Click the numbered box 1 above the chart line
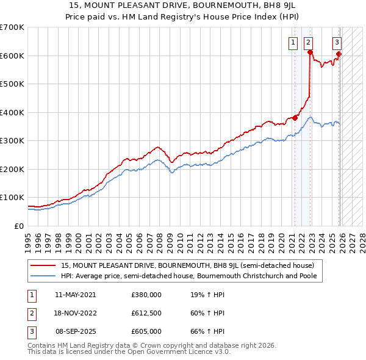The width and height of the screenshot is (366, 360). pyautogui.click(x=293, y=42)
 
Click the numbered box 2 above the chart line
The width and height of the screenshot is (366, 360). pyautogui.click(x=309, y=42)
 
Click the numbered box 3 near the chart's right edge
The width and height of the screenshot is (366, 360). pyautogui.click(x=337, y=42)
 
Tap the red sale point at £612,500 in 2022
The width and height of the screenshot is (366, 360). pyautogui.click(x=310, y=52)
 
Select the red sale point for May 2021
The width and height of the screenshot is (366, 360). pyautogui.click(x=295, y=118)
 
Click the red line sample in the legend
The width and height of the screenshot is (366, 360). pyautogui.click(x=43, y=265)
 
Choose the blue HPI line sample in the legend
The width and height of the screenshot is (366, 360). pyautogui.click(x=43, y=276)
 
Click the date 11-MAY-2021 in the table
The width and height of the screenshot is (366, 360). pyautogui.click(x=75, y=294)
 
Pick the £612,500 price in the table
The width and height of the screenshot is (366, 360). pyautogui.click(x=146, y=313)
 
